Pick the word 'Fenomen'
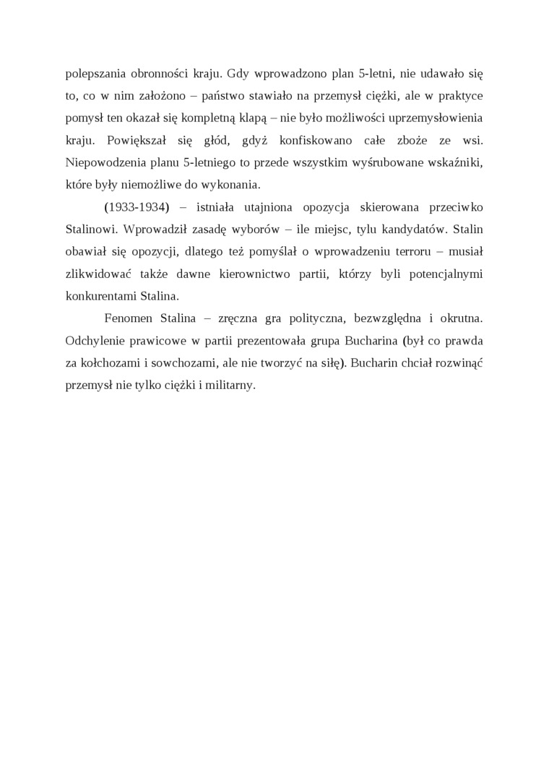128,319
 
